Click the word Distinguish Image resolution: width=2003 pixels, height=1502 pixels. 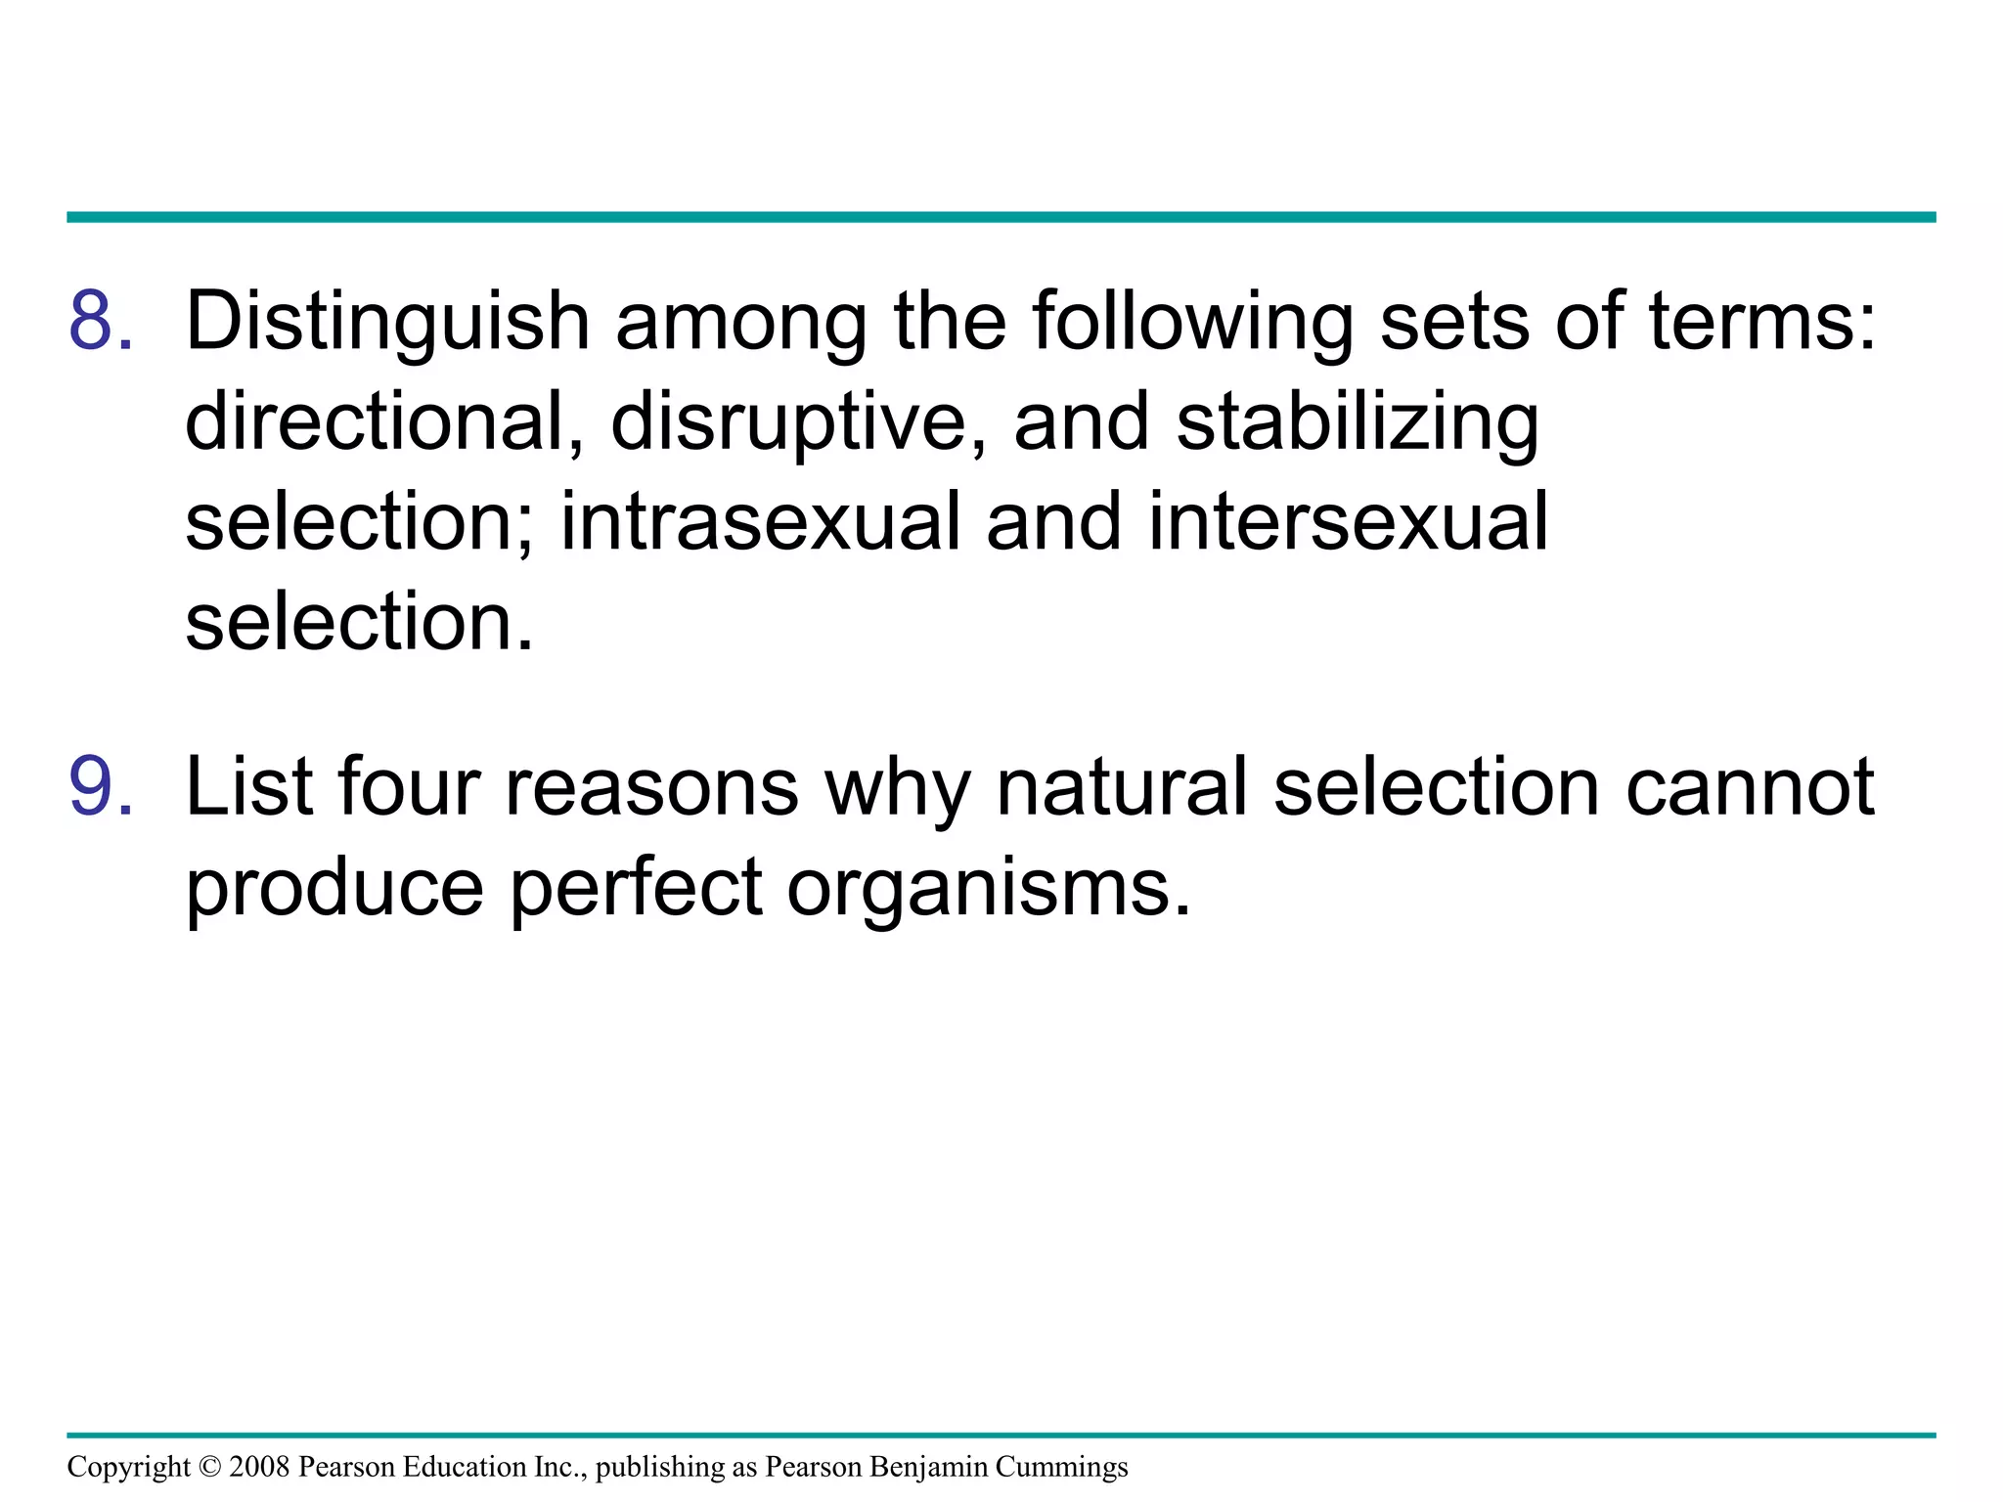pyautogui.click(x=387, y=323)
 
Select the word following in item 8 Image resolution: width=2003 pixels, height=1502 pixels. pyautogui.click(x=1192, y=323)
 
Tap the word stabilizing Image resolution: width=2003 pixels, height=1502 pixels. pyautogui.click(x=1358, y=424)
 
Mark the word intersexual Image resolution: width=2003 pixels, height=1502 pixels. pyautogui.click(x=1348, y=522)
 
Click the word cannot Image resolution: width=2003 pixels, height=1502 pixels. pyautogui.click(x=1750, y=788)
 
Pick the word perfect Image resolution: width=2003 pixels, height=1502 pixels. pyautogui.click(x=636, y=888)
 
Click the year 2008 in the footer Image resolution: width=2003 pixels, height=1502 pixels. pyautogui.click(x=259, y=1467)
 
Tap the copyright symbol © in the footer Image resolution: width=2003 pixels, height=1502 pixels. pyautogui.click(x=209, y=1467)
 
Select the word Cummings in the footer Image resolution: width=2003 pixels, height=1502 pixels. pyautogui.click(x=1061, y=1468)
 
